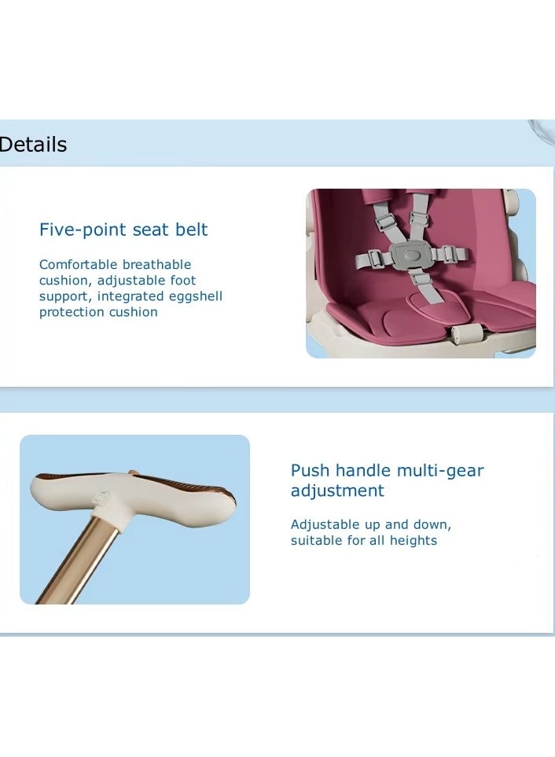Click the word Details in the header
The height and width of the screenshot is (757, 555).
(x=33, y=145)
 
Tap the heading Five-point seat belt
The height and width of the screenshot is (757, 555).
(x=123, y=230)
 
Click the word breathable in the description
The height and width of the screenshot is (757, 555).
(x=156, y=265)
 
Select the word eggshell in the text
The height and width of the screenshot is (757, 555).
(x=193, y=296)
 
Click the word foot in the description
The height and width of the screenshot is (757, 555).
(x=183, y=280)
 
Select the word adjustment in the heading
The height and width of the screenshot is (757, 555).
(x=337, y=491)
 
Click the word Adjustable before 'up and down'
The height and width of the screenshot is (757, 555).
(x=325, y=525)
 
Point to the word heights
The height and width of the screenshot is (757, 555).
(x=413, y=540)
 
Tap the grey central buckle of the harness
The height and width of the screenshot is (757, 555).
(x=410, y=256)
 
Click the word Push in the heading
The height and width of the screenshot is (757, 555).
(x=311, y=471)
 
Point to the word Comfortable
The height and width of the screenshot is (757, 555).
(x=78, y=265)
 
